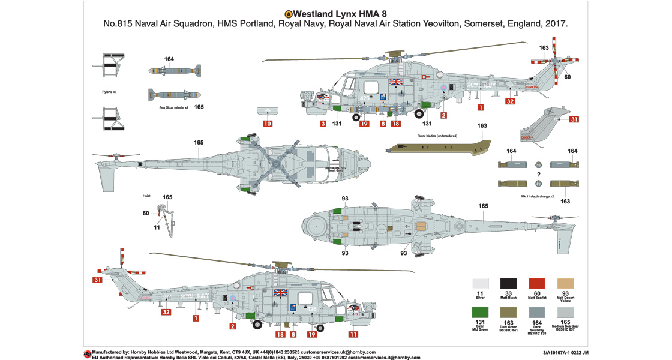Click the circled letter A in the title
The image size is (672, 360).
click(288, 13)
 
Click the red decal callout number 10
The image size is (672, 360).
click(268, 124)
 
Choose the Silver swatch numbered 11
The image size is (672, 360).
click(480, 285)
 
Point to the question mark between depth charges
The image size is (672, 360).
click(538, 174)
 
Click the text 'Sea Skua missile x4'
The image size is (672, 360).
click(174, 107)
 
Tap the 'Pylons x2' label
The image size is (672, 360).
click(109, 92)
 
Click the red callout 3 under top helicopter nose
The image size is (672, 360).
click(323, 124)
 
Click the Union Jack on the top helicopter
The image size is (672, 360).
click(396, 82)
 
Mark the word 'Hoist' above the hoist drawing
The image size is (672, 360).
click(146, 195)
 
